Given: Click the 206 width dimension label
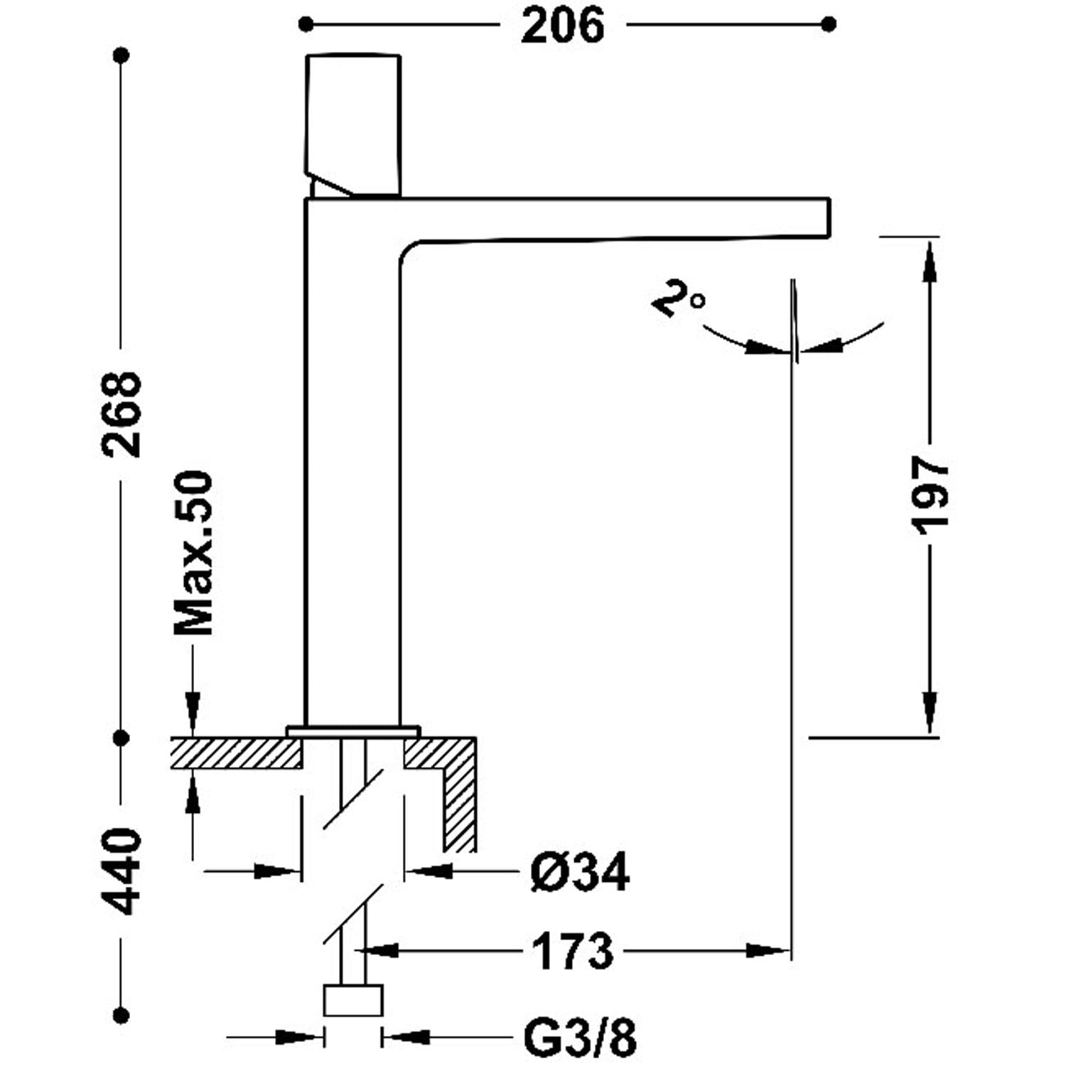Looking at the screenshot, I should click(x=562, y=26).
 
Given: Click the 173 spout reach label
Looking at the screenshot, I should click(x=572, y=952).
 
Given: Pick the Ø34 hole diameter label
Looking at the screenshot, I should click(x=580, y=872).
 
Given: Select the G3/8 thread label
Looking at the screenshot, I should click(x=580, y=1038).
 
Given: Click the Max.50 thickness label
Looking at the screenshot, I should click(x=194, y=553).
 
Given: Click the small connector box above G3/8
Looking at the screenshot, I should click(x=353, y=1001).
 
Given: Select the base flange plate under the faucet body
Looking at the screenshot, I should click(x=353, y=731).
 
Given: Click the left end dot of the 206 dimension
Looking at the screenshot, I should click(x=306, y=25).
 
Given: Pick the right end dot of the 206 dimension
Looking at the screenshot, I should click(x=828, y=25).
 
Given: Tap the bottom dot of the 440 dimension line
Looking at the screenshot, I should click(x=122, y=1014).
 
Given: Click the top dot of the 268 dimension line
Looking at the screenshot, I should click(x=122, y=55).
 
